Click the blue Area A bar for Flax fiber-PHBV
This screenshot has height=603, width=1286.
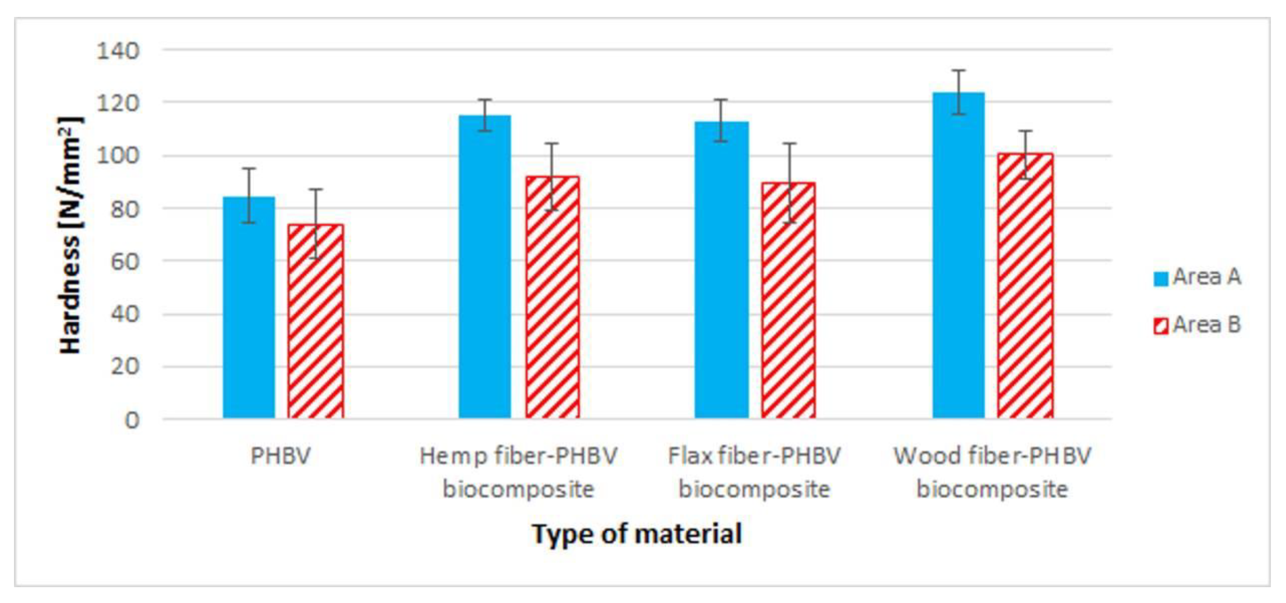click(721, 269)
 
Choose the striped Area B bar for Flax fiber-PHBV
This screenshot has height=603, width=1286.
click(788, 300)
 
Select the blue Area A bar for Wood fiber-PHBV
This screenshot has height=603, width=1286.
click(958, 255)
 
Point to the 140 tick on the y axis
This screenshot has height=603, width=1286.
click(118, 50)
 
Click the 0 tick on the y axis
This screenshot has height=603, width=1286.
click(131, 420)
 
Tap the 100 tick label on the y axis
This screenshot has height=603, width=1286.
click(118, 156)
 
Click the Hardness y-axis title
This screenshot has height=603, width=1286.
click(70, 235)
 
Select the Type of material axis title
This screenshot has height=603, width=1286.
click(637, 534)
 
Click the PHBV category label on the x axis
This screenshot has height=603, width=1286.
click(280, 455)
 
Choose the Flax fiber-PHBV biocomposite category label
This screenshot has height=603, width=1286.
click(754, 472)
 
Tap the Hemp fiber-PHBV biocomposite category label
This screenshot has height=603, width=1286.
click(518, 472)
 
